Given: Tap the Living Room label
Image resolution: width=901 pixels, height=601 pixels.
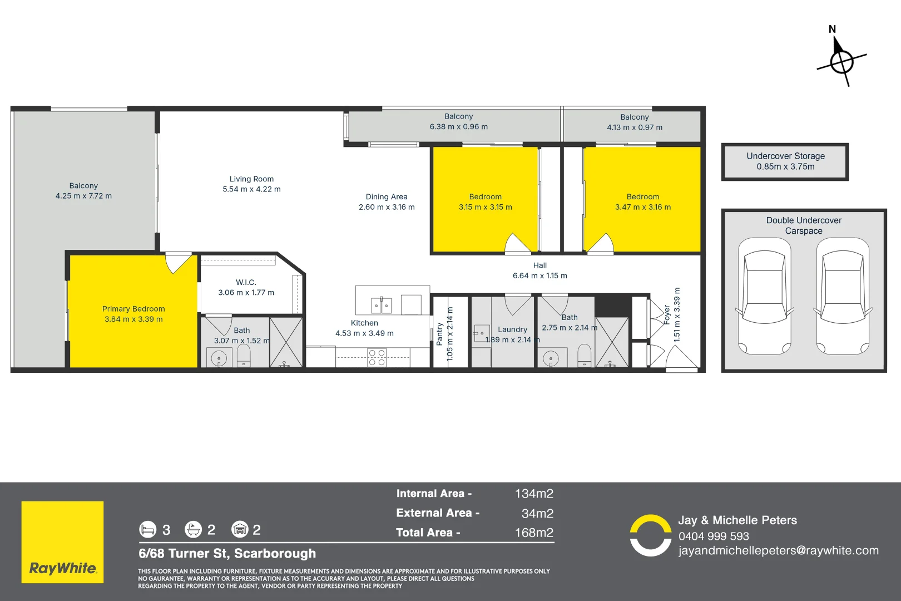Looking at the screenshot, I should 251,179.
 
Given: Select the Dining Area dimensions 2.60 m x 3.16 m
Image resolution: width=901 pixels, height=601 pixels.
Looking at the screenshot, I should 387,207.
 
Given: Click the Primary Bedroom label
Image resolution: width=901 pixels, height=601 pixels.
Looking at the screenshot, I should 133,309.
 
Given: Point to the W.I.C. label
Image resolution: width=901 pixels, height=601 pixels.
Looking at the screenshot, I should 246,282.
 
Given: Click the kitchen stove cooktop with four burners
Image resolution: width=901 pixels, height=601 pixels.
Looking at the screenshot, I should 377,357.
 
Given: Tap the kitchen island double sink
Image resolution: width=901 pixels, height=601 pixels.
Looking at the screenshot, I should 381,305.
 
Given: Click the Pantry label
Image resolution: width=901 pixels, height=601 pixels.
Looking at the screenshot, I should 439,334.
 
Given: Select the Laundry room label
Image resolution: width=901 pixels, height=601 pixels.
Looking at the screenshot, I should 512,329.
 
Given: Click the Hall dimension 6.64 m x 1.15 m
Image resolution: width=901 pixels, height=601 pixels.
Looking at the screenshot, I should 539,275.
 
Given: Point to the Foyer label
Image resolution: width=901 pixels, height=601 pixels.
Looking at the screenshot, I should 667,314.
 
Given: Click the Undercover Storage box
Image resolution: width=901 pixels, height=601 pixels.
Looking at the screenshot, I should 785,161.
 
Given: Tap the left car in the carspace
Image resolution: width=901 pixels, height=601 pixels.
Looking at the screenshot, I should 764,296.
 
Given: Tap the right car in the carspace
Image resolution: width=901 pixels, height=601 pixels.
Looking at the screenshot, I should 843,296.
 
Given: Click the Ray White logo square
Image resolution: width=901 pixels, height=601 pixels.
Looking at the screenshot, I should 62,542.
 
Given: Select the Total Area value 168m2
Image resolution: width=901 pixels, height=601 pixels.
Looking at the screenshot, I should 534,533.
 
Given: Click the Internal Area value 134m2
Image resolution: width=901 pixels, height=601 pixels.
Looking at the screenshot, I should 534,494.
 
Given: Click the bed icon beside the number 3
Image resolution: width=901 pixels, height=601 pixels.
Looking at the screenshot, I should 148,529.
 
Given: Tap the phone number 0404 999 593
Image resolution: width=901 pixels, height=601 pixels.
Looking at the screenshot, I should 714,536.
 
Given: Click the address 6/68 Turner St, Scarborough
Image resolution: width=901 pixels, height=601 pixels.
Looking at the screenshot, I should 227,554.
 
